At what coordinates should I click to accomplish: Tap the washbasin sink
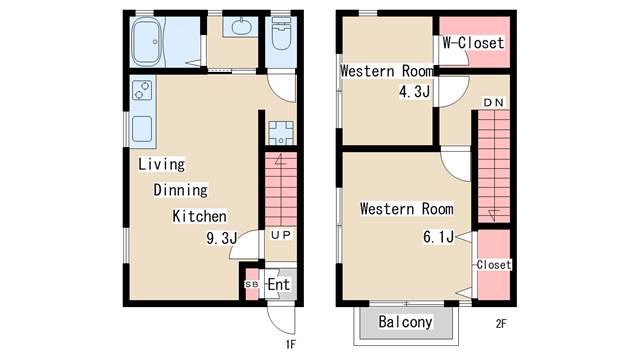(241, 27)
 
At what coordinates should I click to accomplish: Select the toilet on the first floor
(281, 33)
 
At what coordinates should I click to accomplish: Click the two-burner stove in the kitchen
(142, 90)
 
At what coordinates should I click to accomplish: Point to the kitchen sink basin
(142, 129)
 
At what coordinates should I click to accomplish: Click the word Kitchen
(200, 216)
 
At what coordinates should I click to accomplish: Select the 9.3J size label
(222, 238)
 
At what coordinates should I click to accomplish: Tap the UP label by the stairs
(281, 235)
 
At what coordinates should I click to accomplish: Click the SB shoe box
(252, 284)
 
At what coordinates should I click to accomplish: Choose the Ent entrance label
(279, 284)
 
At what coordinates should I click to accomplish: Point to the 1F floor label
(290, 345)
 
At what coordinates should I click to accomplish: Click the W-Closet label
(473, 42)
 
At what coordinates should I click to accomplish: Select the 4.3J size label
(415, 91)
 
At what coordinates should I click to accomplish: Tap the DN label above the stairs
(493, 102)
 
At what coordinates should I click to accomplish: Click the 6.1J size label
(438, 236)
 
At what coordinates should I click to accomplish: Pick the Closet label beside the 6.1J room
(494, 264)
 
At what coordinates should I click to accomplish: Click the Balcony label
(405, 322)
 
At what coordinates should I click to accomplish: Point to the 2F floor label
(501, 324)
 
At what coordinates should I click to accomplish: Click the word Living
(161, 164)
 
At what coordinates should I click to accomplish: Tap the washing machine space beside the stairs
(281, 133)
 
